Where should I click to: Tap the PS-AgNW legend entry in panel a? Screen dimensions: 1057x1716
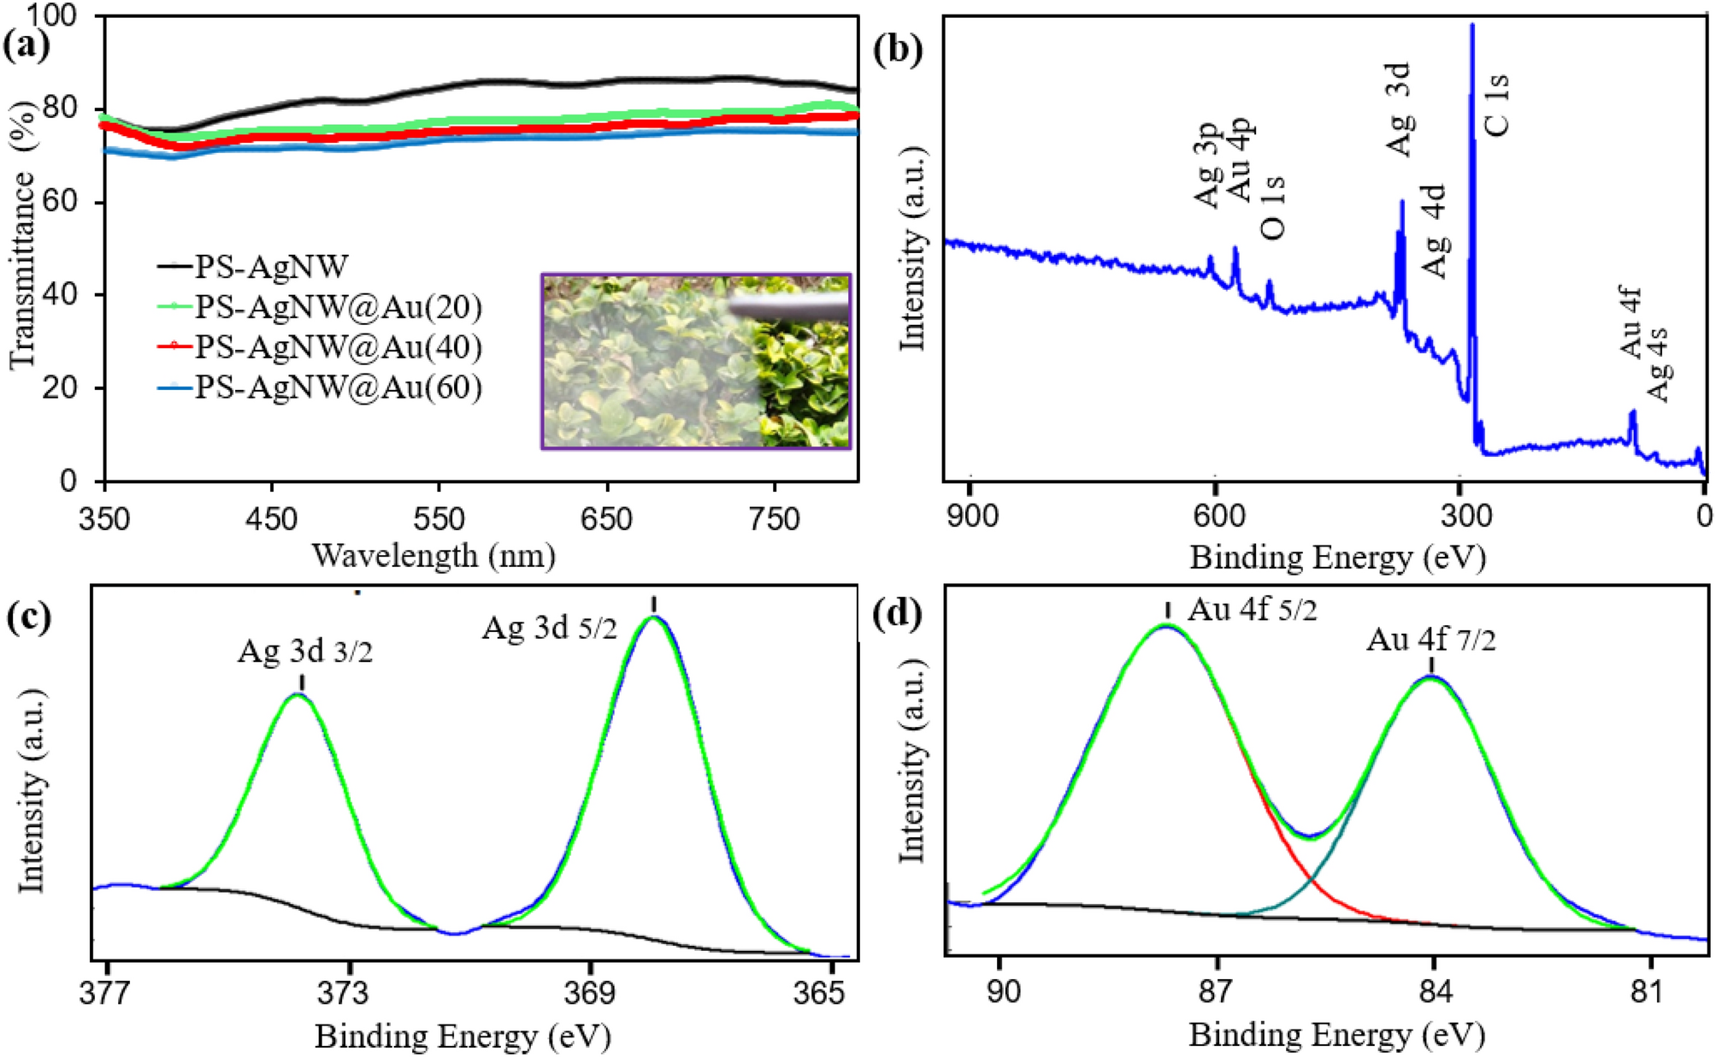pyautogui.click(x=271, y=267)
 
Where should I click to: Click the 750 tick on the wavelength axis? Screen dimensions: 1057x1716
pyautogui.click(x=774, y=518)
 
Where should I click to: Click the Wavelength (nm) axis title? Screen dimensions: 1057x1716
pyautogui.click(x=433, y=556)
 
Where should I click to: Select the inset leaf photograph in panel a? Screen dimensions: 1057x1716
pyautogui.click(x=696, y=361)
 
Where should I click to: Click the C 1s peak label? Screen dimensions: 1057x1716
pyautogui.click(x=1497, y=105)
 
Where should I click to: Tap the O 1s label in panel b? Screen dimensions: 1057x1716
pyautogui.click(x=1272, y=206)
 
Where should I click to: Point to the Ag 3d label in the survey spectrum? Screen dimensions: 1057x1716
pyautogui.click(x=1398, y=109)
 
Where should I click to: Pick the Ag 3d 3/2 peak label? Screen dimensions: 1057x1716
pyautogui.click(x=305, y=653)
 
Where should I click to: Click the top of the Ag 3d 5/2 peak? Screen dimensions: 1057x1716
pyautogui.click(x=654, y=617)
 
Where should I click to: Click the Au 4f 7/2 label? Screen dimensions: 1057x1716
pyautogui.click(x=1431, y=640)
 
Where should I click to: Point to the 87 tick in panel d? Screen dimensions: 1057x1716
pyautogui.click(x=1218, y=993)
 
